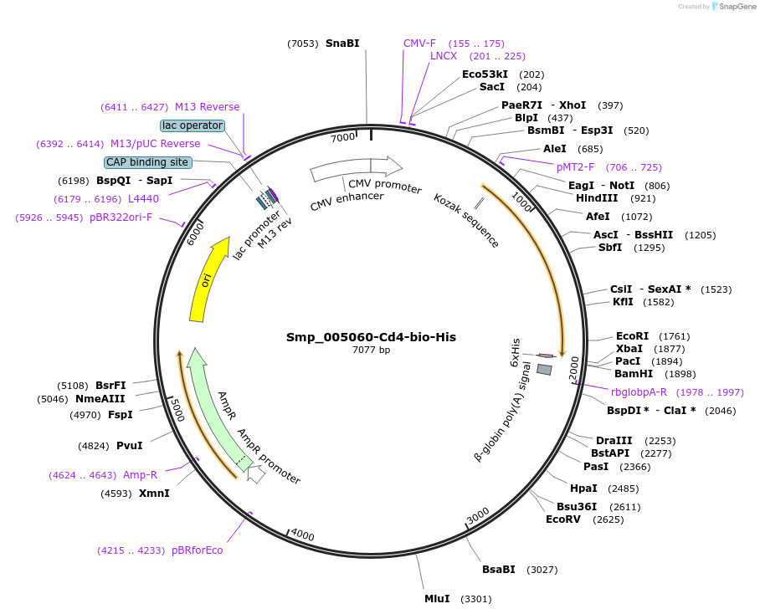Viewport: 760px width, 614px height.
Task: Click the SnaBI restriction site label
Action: [342, 43]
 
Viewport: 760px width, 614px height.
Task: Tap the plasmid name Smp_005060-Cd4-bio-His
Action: [371, 337]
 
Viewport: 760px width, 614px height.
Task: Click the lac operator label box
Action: [193, 125]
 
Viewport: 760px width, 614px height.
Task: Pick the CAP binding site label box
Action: [148, 162]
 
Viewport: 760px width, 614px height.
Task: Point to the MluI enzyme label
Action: [437, 599]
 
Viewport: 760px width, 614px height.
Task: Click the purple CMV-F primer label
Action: [419, 43]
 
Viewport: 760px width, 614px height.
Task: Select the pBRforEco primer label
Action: [198, 550]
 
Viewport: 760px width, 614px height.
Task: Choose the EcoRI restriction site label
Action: [632, 336]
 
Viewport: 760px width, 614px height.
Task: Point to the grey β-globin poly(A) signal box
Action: [544, 369]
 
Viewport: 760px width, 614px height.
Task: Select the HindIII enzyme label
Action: [597, 198]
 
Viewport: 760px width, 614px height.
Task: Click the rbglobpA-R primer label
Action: [639, 392]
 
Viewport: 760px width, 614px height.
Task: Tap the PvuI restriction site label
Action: [129, 446]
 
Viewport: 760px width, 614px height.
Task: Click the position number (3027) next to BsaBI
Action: [542, 571]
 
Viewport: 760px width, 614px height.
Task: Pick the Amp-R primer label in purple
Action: [140, 475]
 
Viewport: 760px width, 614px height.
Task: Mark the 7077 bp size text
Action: [371, 350]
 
